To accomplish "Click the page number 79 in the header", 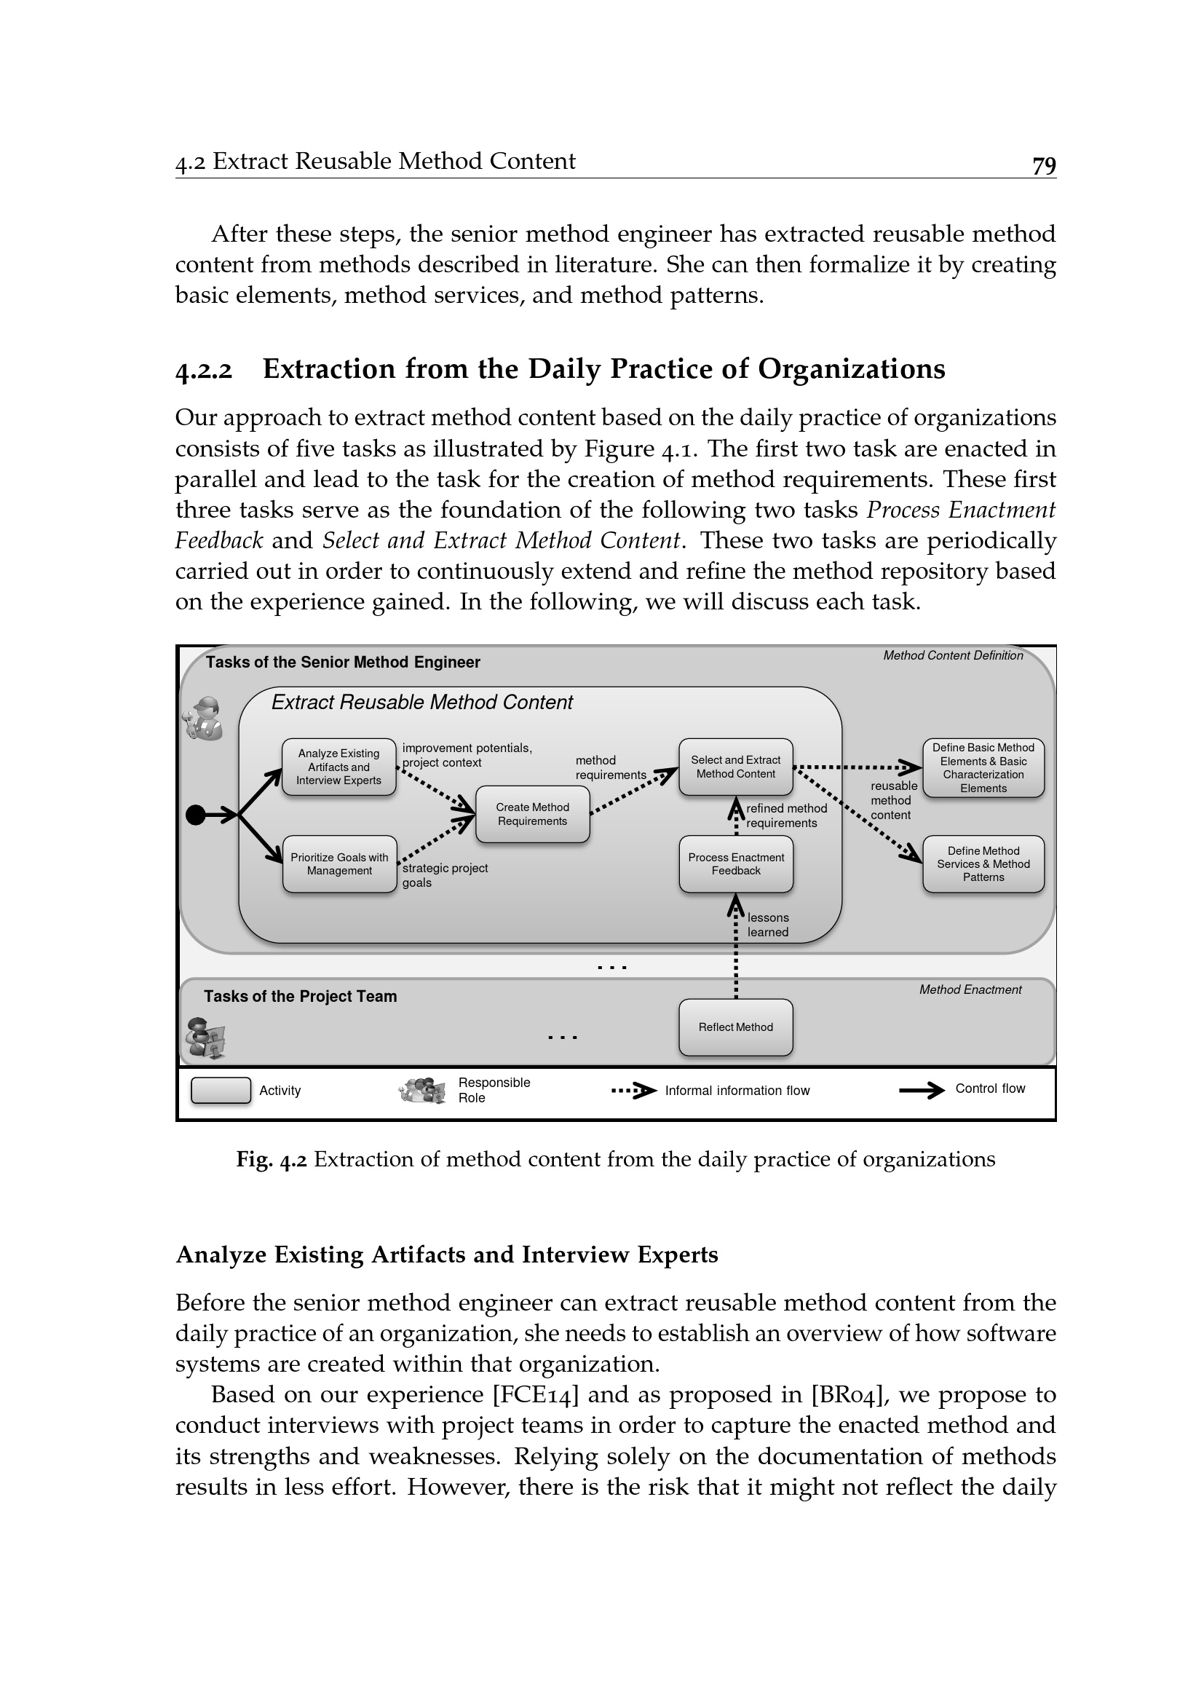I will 1044,165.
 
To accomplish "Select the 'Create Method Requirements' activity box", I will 532,814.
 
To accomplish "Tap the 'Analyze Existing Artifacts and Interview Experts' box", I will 338,767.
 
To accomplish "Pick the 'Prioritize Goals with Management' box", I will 339,864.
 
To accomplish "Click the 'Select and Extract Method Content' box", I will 735,767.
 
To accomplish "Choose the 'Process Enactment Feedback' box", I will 735,864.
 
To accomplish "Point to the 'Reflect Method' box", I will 735,1027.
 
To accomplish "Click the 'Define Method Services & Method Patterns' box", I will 983,864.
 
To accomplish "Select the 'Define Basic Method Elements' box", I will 983,767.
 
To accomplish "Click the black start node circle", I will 195,815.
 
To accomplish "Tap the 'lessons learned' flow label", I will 768,925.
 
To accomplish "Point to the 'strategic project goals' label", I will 445,875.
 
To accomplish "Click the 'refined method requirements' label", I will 786,816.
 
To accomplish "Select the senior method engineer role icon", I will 204,718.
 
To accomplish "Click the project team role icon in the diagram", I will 205,1038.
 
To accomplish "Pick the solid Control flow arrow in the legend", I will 922,1090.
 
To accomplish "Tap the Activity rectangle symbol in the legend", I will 221,1091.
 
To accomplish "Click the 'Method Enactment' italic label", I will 970,989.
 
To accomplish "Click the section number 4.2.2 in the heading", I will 204,370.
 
